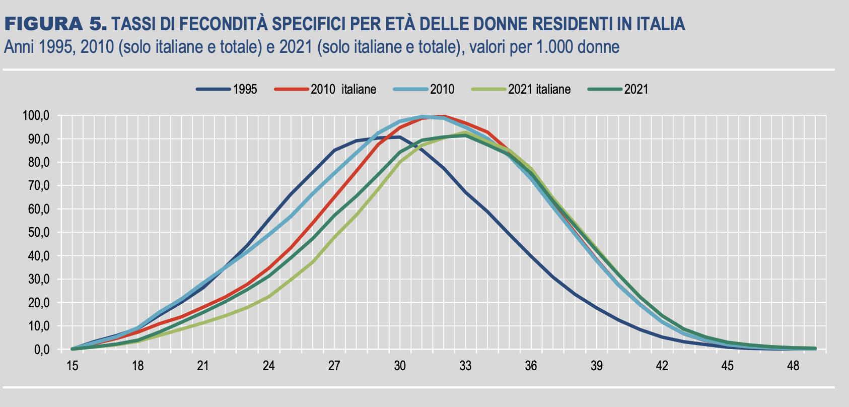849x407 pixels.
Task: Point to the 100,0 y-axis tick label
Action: click(36, 116)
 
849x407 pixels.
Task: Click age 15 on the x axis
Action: click(73, 366)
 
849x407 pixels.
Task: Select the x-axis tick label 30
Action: click(400, 366)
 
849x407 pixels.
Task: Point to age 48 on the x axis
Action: click(793, 366)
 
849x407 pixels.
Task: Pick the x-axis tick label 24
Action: click(269, 366)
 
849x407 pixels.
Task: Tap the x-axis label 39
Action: click(596, 366)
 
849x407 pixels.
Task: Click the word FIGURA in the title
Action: click(43, 23)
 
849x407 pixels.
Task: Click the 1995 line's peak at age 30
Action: click(400, 137)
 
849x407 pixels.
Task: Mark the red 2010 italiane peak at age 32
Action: click(443, 116)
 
